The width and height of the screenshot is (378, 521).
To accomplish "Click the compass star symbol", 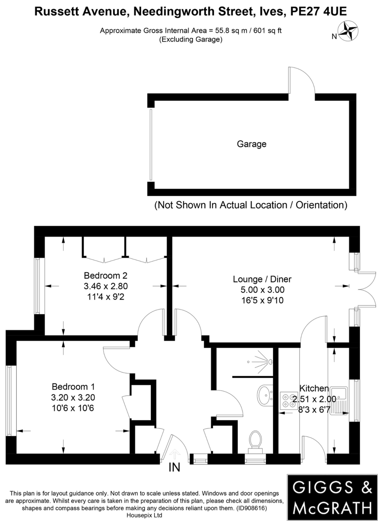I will point(348,31).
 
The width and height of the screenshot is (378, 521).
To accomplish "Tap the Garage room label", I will point(252,144).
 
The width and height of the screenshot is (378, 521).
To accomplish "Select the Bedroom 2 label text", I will point(106,276).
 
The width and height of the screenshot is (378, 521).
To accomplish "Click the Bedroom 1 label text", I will point(73,387).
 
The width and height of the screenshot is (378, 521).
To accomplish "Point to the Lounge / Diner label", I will point(262,279).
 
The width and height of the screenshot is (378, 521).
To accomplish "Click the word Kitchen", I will point(314,388).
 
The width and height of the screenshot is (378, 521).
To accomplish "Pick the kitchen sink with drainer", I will point(339,401).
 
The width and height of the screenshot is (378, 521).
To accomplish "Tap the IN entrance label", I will point(174,467).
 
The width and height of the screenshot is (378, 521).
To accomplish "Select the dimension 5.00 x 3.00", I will point(262,290).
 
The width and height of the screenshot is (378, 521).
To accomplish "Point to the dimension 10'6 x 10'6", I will point(73,408).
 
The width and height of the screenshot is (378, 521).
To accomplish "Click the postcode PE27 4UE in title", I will point(319,11).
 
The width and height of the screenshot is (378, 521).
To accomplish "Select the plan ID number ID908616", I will point(251,508).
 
